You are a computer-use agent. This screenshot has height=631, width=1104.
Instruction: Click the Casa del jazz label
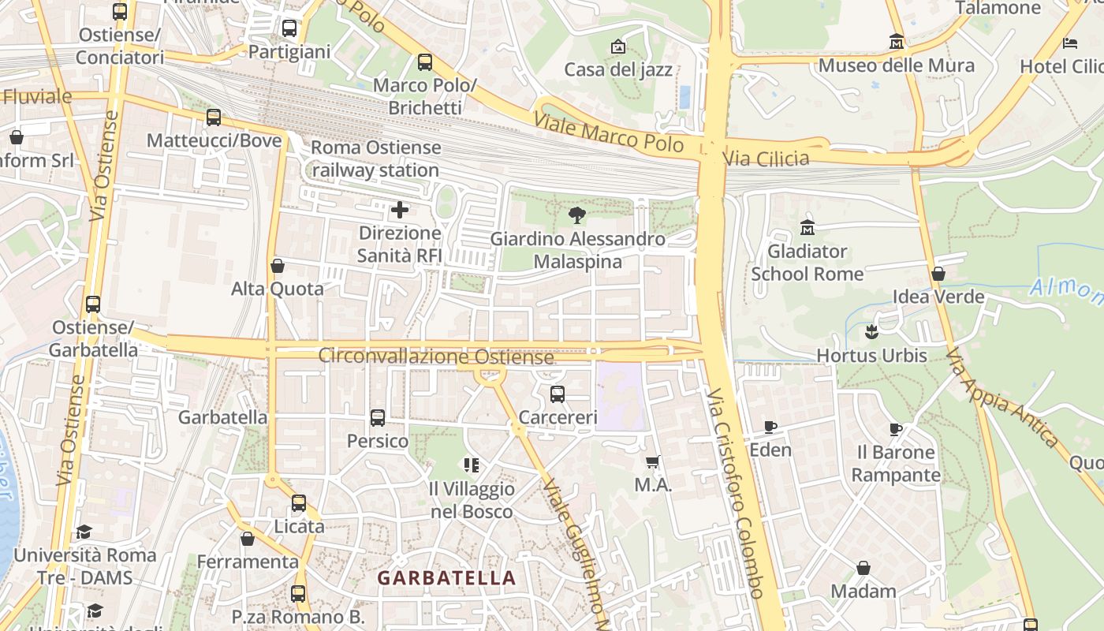618,69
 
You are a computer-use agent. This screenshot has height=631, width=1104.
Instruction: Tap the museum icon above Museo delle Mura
896,41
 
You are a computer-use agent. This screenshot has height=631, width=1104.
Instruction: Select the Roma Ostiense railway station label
376,159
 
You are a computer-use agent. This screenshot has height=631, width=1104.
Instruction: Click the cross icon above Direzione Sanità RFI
400,210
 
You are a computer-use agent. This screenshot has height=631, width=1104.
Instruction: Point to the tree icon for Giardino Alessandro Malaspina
577,215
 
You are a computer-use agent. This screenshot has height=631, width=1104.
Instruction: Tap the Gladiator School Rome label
807,263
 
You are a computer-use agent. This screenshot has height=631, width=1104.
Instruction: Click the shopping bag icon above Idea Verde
938,274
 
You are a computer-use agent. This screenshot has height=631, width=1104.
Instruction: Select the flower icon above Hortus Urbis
871,332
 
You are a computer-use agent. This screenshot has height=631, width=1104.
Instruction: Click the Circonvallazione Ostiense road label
436,357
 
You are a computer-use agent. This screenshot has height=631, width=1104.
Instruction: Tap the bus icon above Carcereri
558,394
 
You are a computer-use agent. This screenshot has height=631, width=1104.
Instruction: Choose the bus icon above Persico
378,418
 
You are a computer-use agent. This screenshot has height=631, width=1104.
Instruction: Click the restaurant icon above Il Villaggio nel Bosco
472,465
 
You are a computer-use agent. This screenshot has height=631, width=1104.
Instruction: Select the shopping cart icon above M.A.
652,461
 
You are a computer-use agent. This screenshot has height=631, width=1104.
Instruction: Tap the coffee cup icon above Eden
770,427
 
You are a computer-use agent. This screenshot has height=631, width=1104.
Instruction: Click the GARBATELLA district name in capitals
446,578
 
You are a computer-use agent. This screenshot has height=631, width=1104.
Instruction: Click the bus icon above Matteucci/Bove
214,118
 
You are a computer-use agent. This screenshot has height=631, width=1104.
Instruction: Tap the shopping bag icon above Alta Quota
277,266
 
